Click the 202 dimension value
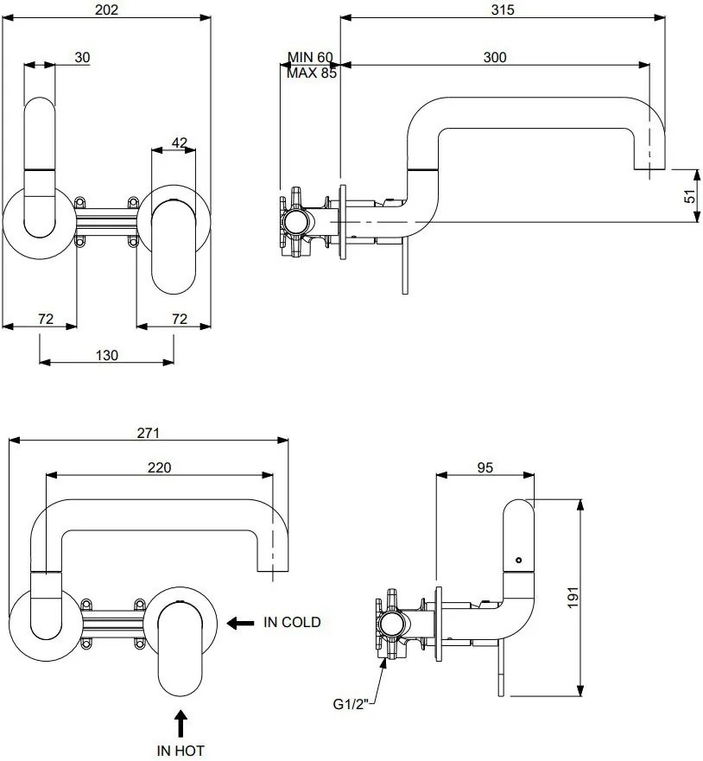tap(104, 10)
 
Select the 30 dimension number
tap(82, 57)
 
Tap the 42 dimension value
tap(180, 143)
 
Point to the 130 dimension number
tap(107, 354)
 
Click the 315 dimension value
tap(502, 10)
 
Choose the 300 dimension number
tap(495, 57)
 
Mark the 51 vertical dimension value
tap(689, 196)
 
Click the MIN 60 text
tap(310, 58)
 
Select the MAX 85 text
tap(312, 73)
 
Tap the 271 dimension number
tap(149, 433)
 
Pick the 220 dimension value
tap(160, 467)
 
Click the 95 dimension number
tap(484, 467)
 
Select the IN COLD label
tap(292, 622)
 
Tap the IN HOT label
tap(180, 750)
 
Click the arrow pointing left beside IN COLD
tap(241, 622)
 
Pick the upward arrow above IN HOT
tap(180, 721)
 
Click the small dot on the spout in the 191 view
tap(518, 560)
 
